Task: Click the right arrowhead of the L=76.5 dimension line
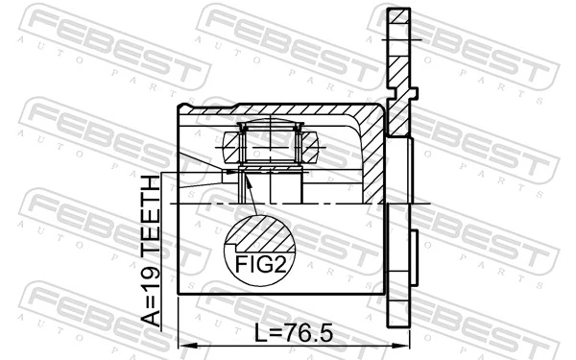tap(405, 346)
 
